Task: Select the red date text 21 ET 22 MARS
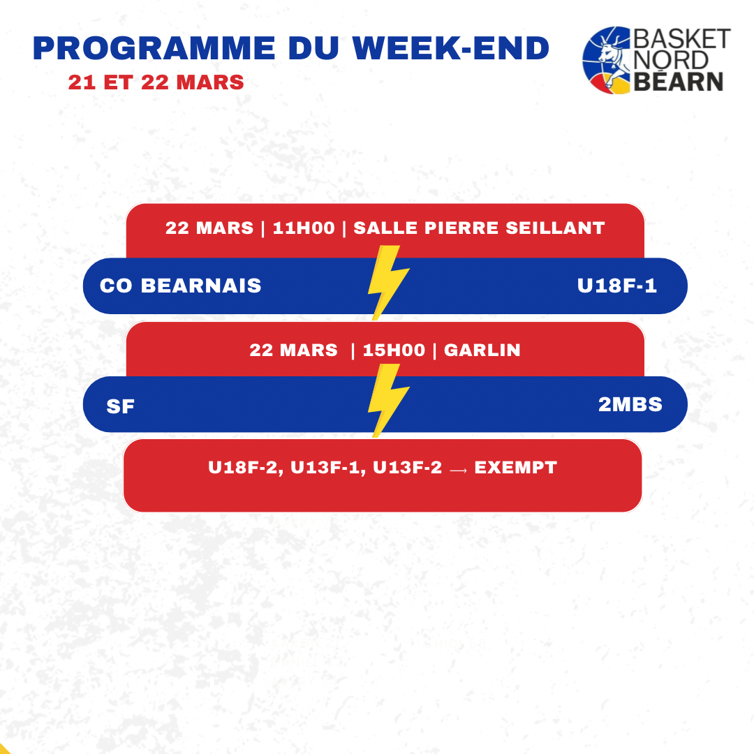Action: (x=156, y=82)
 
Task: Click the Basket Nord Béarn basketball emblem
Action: (x=606, y=60)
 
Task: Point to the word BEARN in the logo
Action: (x=678, y=82)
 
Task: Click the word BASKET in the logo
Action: (x=681, y=38)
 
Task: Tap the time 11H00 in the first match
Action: (x=304, y=228)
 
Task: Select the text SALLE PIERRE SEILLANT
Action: (x=479, y=228)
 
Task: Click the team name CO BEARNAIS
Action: (x=180, y=286)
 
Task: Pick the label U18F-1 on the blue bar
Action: (x=617, y=286)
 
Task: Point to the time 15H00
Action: (x=393, y=350)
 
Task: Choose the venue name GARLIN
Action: (x=482, y=350)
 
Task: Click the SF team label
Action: (x=120, y=406)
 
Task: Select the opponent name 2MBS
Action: (x=630, y=404)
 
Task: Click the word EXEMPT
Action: (x=515, y=467)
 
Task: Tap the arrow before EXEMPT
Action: (x=458, y=468)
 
